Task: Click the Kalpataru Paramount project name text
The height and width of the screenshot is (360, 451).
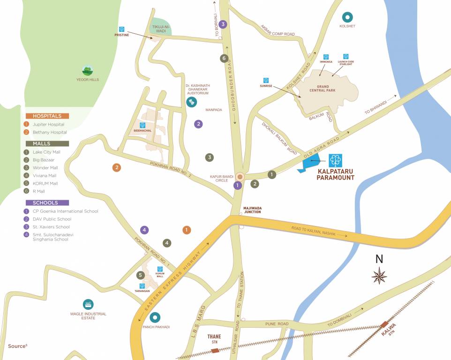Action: tap(335, 174)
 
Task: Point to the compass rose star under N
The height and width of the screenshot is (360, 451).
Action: tap(379, 276)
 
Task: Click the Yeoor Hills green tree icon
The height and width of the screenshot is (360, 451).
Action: tap(87, 71)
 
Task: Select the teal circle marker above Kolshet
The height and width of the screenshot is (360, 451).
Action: tap(347, 18)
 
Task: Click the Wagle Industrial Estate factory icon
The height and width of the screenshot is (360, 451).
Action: tap(88, 304)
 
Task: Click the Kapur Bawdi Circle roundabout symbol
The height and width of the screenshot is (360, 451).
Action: tap(240, 177)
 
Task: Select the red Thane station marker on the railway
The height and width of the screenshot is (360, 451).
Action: tap(215, 351)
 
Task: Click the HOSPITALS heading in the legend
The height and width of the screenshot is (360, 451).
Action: tap(47, 116)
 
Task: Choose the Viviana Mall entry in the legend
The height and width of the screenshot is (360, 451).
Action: tap(45, 176)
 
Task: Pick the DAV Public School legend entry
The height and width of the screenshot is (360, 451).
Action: tap(52, 219)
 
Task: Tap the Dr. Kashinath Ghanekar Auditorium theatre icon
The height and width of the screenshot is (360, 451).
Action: tap(191, 102)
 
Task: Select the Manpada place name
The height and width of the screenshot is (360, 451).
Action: tap(213, 110)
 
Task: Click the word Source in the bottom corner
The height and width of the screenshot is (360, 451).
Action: tap(16, 346)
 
